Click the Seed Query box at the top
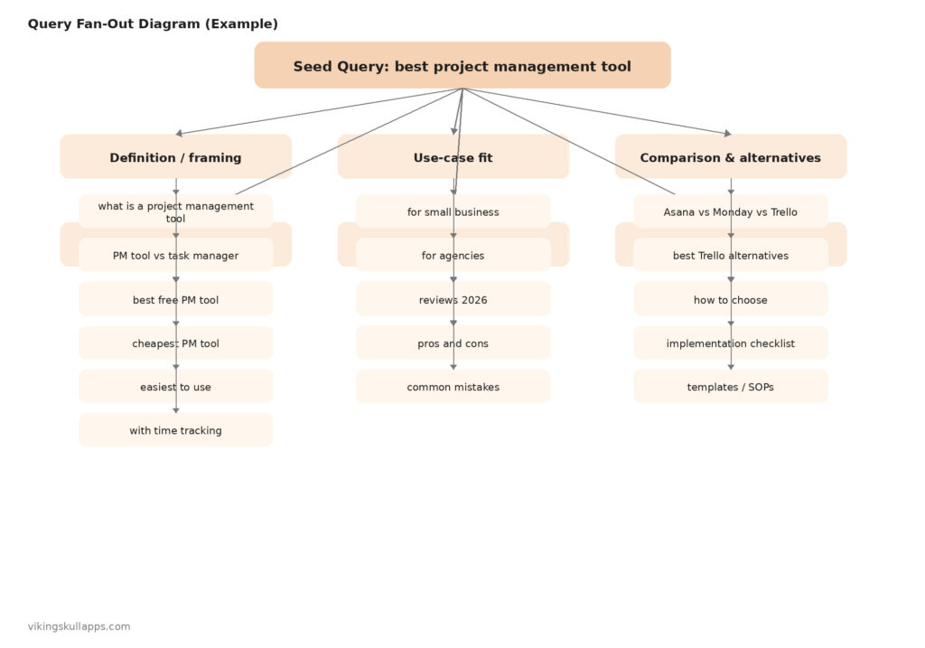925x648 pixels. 462,66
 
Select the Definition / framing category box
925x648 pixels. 175,157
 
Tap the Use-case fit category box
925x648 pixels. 453,157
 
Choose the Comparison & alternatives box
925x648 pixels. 730,157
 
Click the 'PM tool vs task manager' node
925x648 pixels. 175,256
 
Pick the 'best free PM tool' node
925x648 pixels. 175,299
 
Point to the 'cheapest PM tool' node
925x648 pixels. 175,343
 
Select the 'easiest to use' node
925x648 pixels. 175,387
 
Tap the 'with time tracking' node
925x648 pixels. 175,430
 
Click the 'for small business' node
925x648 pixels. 453,211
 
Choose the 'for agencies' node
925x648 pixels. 453,256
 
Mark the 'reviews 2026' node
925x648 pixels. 453,299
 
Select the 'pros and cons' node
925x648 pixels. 453,343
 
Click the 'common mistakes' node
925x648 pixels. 453,387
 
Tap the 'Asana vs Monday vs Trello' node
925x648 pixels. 730,211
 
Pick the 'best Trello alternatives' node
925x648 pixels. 730,256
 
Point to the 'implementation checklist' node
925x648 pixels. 730,343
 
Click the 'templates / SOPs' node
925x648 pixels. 730,387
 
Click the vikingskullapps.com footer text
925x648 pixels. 79,626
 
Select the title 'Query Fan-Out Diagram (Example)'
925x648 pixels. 153,24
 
